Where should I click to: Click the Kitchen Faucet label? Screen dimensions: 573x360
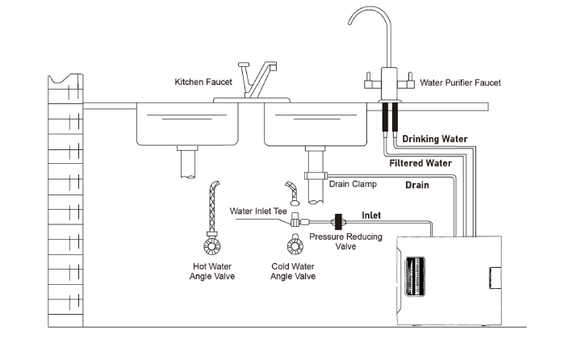(x=203, y=82)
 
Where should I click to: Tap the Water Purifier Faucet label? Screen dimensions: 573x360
(x=460, y=82)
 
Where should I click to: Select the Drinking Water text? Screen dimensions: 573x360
(x=435, y=139)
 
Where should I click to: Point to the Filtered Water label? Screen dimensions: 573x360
(x=420, y=163)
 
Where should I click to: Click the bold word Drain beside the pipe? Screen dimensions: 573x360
(x=417, y=185)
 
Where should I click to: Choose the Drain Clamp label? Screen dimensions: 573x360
(x=353, y=184)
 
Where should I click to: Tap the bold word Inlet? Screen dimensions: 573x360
(x=371, y=216)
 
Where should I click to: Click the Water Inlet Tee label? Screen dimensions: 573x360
(x=258, y=211)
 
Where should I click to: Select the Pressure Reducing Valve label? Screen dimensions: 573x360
(x=345, y=241)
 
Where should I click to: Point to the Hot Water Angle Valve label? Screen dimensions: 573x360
(x=212, y=271)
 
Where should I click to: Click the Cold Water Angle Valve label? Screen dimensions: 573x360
(x=293, y=271)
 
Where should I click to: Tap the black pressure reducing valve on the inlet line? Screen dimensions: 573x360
(x=338, y=222)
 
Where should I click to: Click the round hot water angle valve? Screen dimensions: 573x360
(x=212, y=246)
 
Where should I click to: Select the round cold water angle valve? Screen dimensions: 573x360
(x=295, y=246)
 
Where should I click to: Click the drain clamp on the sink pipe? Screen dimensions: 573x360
(x=316, y=176)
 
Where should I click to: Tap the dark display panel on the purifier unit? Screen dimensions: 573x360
(x=415, y=276)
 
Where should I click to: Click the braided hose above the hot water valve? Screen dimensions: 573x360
(x=213, y=207)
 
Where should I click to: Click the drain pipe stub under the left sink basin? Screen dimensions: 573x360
(x=189, y=162)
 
